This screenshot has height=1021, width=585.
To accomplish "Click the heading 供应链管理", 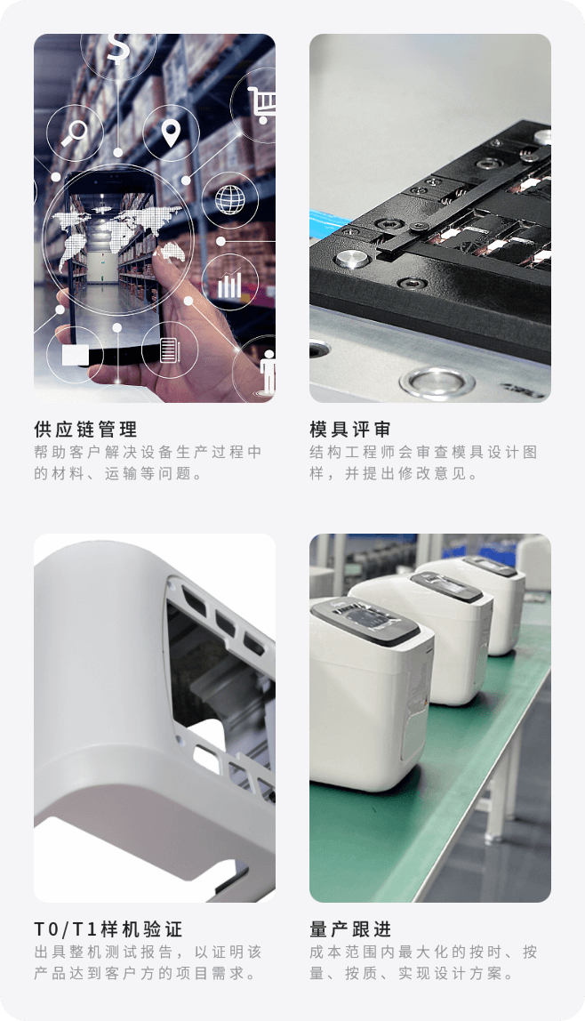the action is [86, 429].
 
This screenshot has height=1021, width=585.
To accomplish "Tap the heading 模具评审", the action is [350, 429].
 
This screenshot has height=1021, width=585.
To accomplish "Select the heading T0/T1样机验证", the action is [108, 929].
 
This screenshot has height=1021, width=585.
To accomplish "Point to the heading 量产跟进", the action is [350, 929].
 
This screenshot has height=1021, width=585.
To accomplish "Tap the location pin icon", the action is [171, 133].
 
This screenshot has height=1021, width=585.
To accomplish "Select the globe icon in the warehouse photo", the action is [230, 199].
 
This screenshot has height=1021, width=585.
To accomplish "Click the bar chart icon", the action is [229, 285].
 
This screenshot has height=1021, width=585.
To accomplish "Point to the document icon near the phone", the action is [169, 350].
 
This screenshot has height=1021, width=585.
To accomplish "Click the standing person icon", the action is [268, 371].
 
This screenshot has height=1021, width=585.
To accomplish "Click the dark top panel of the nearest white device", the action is [365, 621].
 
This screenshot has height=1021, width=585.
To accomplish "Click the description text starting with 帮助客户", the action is [148, 462].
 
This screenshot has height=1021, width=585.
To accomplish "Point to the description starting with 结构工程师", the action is [423, 462].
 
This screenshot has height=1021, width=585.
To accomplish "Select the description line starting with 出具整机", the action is [148, 952].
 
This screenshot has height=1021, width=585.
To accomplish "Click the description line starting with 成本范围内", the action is [423, 952].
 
